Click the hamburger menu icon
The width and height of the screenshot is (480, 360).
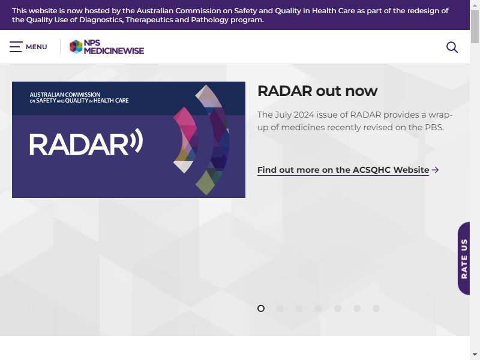pos(16,47)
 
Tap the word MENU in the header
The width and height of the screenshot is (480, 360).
pos(37,47)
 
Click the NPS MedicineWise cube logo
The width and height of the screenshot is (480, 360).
pos(76,47)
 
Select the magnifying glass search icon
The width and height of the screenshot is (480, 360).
pos(452,47)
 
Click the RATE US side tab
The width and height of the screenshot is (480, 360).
pos(464,259)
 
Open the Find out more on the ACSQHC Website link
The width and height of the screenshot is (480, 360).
pos(343,170)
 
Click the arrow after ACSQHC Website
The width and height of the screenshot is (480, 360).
pos(435,170)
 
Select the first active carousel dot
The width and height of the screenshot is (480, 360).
pos(261,308)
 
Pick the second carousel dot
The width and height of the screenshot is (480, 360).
pos(280,308)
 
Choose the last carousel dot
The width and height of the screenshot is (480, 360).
pos(376,308)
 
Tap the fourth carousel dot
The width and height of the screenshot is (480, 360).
pos(319,308)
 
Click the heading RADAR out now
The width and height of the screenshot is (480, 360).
pos(317,91)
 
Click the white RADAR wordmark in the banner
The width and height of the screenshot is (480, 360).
pos(79,145)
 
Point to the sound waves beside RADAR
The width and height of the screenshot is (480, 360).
pos(137,141)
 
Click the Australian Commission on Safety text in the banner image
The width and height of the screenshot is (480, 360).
pos(79,98)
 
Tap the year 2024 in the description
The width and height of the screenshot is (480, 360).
pos(304,115)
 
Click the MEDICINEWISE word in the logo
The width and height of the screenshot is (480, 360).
pos(114,51)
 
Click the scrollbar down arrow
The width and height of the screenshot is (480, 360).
pos(475,355)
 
